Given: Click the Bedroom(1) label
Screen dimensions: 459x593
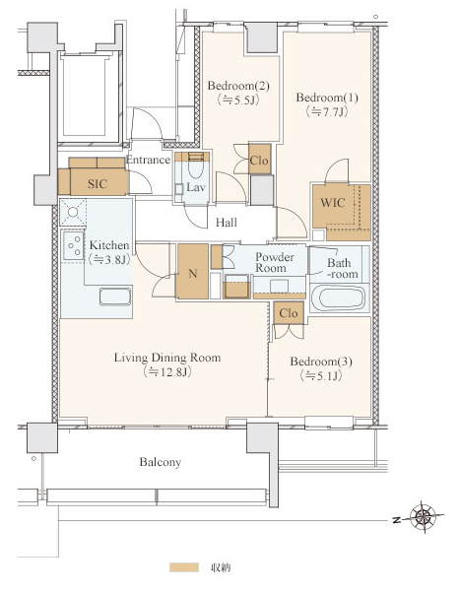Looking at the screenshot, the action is tap(327, 98).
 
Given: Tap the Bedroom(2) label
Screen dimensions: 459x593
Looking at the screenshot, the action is tap(238, 86).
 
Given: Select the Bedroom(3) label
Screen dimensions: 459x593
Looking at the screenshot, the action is tap(321, 362).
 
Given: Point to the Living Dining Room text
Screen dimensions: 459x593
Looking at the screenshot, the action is tap(167, 358).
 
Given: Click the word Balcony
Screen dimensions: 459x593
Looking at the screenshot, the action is tap(161, 462).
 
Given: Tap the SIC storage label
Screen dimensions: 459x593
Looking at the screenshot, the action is tap(98, 184).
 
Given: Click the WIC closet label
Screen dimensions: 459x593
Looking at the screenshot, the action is tap(333, 203).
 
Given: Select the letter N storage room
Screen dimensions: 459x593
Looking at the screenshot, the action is tap(193, 273).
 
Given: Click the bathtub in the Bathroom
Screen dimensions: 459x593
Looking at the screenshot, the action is tap(339, 298).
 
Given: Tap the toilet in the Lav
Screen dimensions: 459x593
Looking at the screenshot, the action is tap(195, 169).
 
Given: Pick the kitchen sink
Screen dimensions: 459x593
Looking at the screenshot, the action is tap(115, 296).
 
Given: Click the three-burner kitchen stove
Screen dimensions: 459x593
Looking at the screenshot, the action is tap(73, 245).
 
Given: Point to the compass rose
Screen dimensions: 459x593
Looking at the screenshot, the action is tap(424, 516).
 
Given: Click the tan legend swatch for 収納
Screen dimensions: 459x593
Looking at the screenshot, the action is tap(184, 567).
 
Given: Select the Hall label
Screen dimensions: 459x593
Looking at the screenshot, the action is tap(227, 223).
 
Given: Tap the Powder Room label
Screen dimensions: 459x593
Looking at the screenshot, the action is tap(275, 262).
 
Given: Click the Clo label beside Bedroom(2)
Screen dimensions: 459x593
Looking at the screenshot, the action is tap(259, 161).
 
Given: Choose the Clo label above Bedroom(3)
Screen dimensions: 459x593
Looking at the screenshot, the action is tap(289, 313).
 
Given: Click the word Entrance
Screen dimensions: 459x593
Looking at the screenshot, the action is tap(148, 160).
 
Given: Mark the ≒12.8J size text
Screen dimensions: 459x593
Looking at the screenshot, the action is tap(167, 372).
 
